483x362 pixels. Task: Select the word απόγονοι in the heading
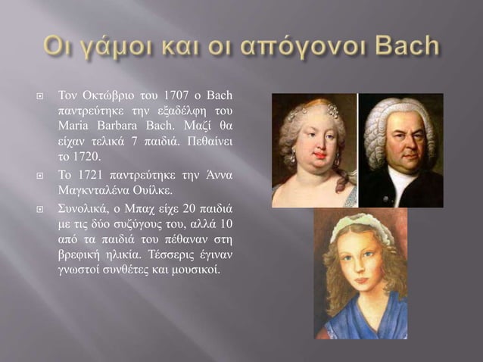pos(288,48)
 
